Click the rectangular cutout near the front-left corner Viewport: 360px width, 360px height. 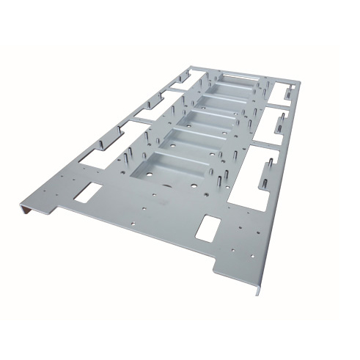[89, 192]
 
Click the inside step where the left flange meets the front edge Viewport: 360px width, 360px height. [59, 209]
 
